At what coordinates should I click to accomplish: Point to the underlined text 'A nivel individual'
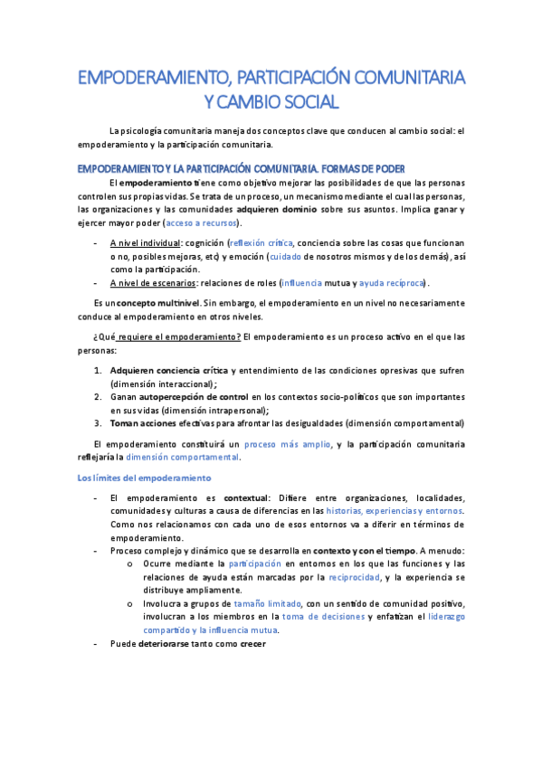[145, 243]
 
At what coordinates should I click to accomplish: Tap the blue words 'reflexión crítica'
[261, 243]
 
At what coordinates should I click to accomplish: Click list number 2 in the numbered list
[98, 397]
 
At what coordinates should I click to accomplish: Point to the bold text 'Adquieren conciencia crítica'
[169, 370]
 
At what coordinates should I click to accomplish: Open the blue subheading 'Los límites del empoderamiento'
[144, 478]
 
